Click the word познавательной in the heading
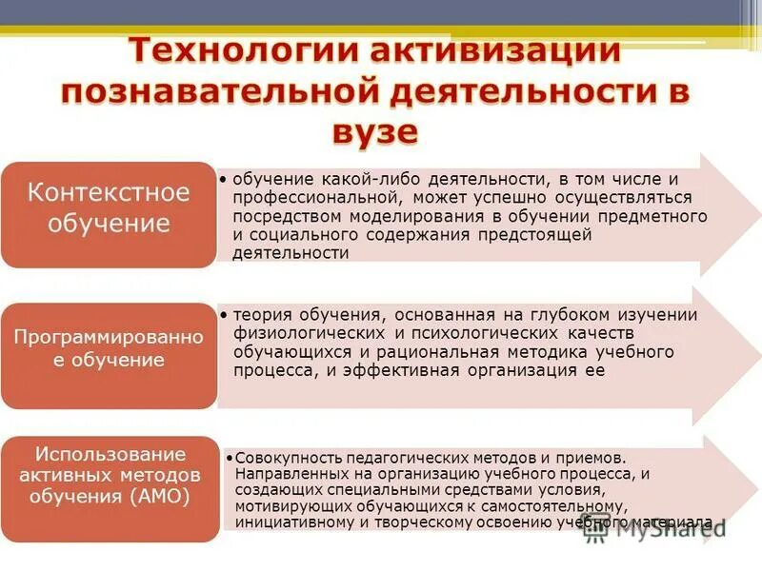pos(220,91)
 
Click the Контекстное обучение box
pos(108,208)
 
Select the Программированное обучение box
pos(108,348)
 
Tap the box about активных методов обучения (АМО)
pos(108,476)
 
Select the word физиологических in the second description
pos(309,334)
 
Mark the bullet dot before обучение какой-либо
pos(221,178)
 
